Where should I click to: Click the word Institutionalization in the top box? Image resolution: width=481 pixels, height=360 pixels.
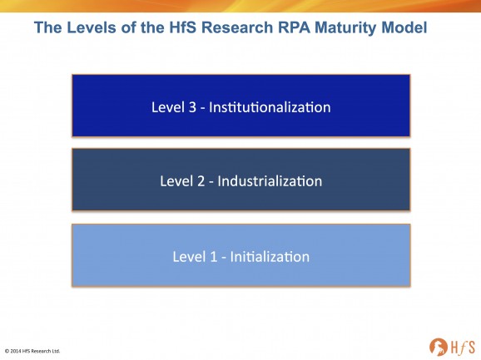point(270,107)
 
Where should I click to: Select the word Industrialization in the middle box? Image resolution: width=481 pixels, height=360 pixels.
point(270,181)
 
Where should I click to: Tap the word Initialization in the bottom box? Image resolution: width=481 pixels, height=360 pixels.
point(270,257)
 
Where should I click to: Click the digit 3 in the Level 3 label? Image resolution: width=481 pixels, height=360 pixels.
point(192,107)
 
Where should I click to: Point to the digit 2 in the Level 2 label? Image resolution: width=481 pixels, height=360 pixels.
point(201,181)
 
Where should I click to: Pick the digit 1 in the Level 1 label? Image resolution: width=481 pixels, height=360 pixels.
point(214,257)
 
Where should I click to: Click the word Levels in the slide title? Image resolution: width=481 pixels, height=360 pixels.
point(92,27)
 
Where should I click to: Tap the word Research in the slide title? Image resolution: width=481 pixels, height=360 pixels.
point(237,27)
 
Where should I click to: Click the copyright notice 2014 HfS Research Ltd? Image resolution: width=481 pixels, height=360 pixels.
point(32,351)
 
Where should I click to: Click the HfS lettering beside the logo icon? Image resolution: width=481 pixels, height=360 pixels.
point(463,348)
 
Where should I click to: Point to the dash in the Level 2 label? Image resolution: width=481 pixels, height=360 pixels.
point(211,183)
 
